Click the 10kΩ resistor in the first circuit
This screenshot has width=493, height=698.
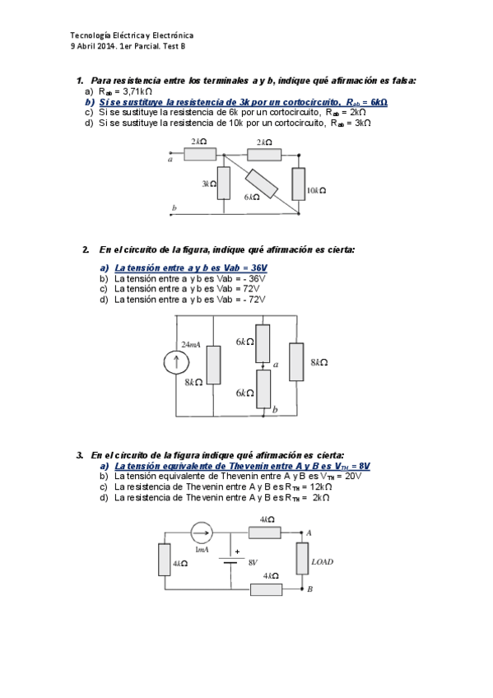click(x=299, y=184)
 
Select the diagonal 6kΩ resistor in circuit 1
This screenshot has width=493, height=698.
click(x=262, y=183)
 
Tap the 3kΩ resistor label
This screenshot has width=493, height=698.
click(x=209, y=184)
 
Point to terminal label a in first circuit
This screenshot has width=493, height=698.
click(x=170, y=160)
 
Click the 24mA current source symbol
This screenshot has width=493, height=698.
click(x=176, y=362)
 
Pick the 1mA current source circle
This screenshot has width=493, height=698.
click(x=202, y=533)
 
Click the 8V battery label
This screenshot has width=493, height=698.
click(x=253, y=563)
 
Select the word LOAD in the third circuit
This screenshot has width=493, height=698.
click(x=323, y=562)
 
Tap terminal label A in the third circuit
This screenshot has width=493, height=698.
click(x=309, y=533)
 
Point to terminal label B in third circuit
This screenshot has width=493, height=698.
click(x=309, y=589)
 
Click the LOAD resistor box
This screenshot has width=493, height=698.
click(x=302, y=558)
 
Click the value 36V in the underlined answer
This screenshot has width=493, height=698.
click(x=259, y=268)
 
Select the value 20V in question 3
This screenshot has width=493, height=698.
click(x=353, y=477)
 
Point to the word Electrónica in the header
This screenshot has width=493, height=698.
click(x=173, y=35)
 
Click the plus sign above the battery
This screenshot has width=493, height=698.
click(x=238, y=551)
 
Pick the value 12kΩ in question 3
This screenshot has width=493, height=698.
click(x=321, y=487)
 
